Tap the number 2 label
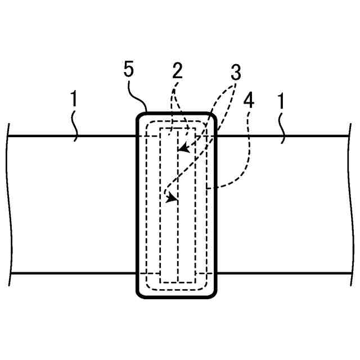[x=177, y=71]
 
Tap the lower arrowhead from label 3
[x=170, y=197]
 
